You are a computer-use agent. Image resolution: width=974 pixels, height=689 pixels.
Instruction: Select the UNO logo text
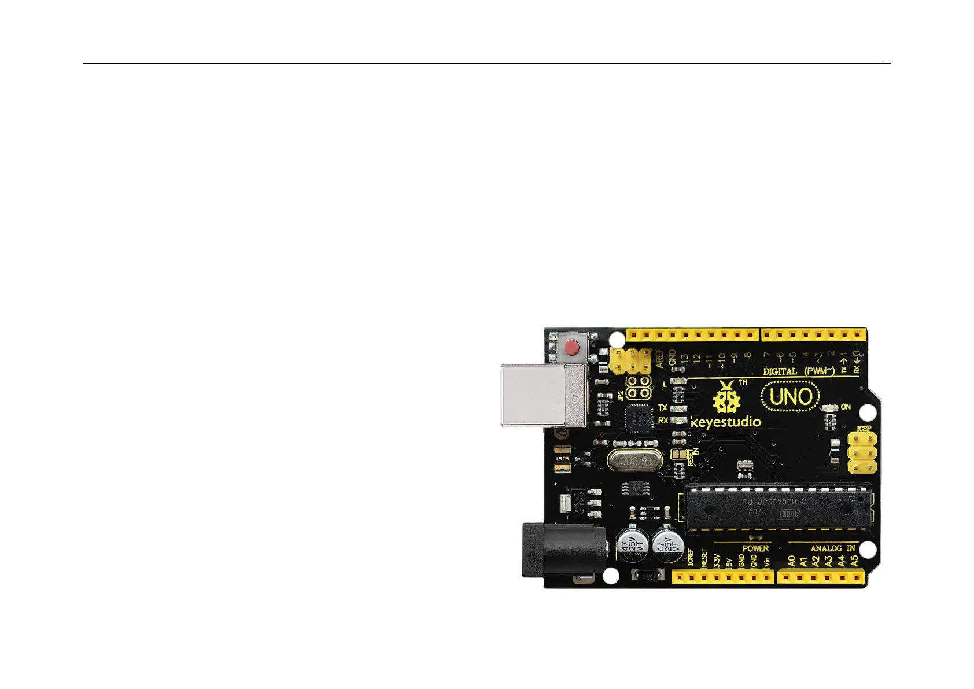pos(791,397)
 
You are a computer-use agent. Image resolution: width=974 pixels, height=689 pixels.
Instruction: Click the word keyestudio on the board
pos(726,422)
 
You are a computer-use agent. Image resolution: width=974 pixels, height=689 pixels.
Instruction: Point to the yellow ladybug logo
pos(727,399)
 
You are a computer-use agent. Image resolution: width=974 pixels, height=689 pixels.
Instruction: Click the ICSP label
pos(864,429)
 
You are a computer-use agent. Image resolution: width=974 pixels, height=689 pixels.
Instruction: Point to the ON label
pos(846,407)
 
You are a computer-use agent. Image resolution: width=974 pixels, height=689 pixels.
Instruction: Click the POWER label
pos(755,548)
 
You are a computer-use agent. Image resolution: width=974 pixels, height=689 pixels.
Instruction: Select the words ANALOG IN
pos(833,548)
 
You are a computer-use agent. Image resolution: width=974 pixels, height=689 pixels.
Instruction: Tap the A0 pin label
pos(791,561)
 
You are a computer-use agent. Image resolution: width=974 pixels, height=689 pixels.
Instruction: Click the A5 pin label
pos(854,561)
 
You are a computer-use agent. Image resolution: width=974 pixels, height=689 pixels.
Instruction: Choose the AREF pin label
pos(659,359)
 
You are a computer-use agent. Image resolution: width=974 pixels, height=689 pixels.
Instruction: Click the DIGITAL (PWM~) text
pos(799,371)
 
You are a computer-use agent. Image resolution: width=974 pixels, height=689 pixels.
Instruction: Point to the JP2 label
pos(621,396)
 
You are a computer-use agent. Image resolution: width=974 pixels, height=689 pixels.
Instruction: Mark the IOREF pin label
pos(691,558)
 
